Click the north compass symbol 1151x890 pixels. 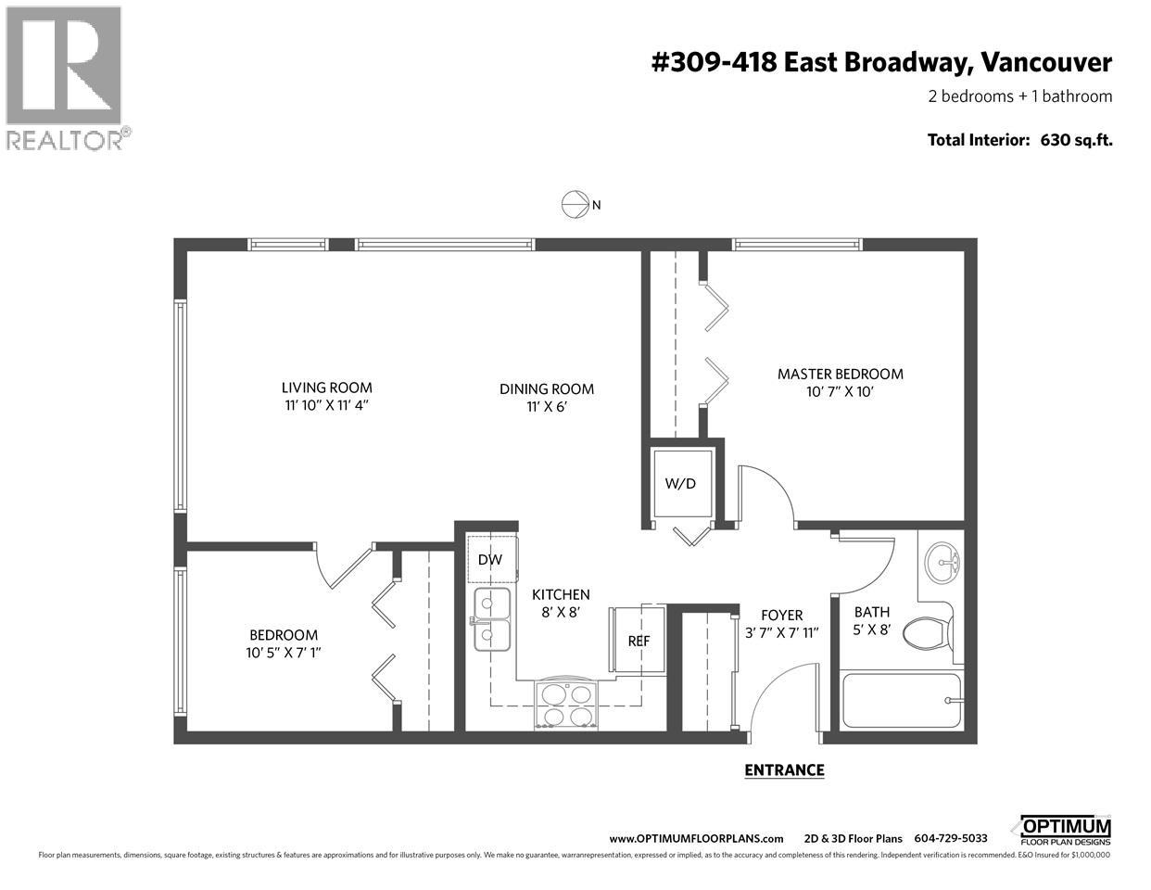tap(575, 205)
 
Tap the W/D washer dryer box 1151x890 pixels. tap(681, 484)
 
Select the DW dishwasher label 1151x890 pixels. tap(489, 559)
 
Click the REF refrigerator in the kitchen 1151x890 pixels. tap(638, 640)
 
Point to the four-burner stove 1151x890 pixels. tap(568, 704)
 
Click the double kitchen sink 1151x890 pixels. tap(493, 619)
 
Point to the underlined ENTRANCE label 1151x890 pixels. tap(784, 769)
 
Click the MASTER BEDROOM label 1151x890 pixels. tap(840, 374)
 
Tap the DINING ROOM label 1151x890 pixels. tap(547, 389)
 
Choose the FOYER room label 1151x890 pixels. tap(781, 615)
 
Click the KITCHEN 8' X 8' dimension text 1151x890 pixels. tap(560, 612)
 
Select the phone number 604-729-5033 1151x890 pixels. tap(951, 838)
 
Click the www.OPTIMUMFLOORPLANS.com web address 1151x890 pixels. tap(696, 838)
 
